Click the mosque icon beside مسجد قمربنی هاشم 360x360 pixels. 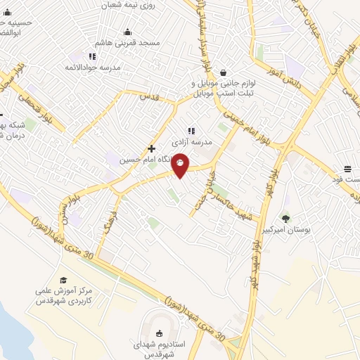point(127,32)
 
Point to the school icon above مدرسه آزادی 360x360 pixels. point(191,130)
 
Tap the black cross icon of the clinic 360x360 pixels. point(152,148)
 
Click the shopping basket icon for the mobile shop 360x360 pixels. point(224,72)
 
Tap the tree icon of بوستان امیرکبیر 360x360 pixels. point(285,218)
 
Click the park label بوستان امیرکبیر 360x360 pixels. point(285,230)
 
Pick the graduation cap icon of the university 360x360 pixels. point(64,280)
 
